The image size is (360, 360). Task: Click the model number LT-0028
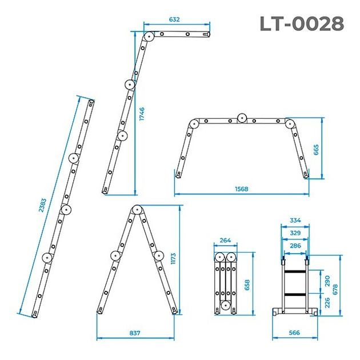point(302,24)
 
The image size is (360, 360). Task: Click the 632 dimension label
point(175,19)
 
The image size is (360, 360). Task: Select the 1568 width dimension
point(241,189)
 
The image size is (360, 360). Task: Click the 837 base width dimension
point(135,332)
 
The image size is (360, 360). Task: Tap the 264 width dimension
point(225,241)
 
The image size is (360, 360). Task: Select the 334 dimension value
point(295,219)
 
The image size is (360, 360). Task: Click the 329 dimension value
point(295,233)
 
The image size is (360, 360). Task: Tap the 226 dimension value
point(327,302)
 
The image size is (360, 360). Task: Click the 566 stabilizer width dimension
point(295,332)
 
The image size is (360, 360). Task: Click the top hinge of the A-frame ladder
point(135,210)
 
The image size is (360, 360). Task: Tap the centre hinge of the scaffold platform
point(242,119)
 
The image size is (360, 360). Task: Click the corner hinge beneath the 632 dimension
point(149,37)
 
